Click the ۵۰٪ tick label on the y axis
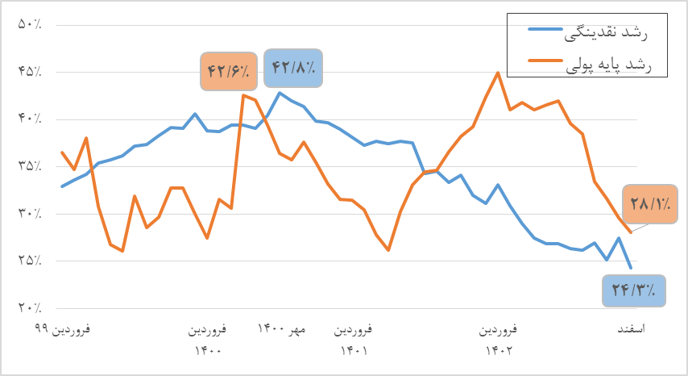(30, 25)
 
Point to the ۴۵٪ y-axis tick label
(30, 72)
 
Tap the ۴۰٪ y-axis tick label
(30, 119)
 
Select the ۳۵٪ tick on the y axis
(30, 166)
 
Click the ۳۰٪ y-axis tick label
(30, 214)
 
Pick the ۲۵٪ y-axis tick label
(30, 261)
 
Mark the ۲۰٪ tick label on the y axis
(30, 308)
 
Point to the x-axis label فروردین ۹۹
(62, 330)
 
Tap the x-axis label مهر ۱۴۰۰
(282, 330)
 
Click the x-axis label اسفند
(636, 330)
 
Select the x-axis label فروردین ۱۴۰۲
(499, 340)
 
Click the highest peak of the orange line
(498, 73)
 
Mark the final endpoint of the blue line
(630, 267)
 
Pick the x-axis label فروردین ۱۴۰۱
(354, 340)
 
